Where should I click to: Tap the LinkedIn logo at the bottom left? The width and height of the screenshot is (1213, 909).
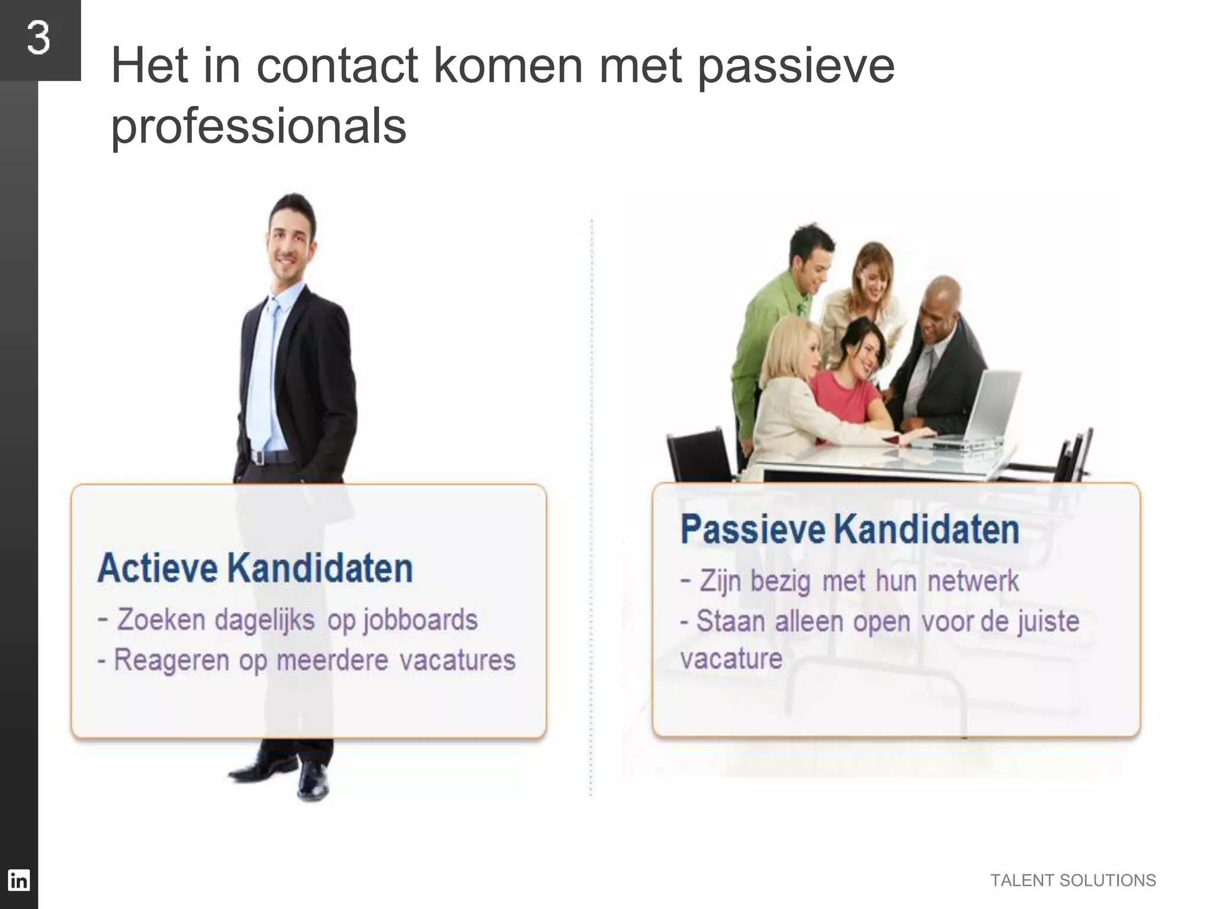[18, 880]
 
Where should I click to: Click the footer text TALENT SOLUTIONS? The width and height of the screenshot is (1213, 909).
[1073, 881]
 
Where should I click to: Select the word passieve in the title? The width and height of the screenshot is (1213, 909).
[795, 67]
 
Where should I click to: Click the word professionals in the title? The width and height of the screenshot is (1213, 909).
[259, 126]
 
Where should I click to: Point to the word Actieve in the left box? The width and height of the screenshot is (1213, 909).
[158, 568]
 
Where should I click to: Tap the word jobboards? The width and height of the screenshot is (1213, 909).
[421, 620]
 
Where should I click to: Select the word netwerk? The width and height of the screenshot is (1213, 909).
[973, 581]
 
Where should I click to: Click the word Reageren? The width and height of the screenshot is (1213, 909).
[171, 660]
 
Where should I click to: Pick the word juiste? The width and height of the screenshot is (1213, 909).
[1048, 621]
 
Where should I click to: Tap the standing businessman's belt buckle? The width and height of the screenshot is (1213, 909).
[258, 457]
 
